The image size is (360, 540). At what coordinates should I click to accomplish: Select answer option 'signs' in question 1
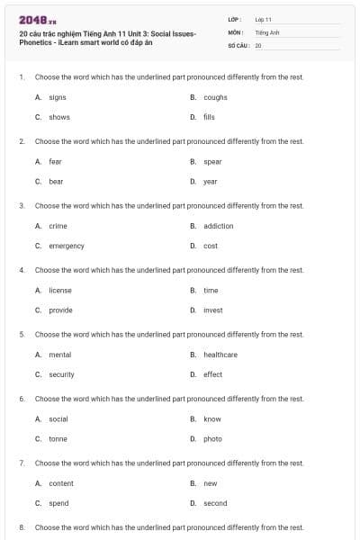[x=58, y=97]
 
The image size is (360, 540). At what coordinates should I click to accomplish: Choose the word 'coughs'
[x=215, y=97]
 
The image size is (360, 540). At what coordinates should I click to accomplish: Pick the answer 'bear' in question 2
[x=56, y=181]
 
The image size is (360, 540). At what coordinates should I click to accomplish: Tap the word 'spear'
[x=212, y=162]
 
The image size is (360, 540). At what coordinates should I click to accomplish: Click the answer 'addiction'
[x=218, y=226]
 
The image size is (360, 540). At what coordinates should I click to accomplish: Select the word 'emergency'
[x=67, y=246]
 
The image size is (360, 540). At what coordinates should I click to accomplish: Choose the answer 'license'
[x=60, y=290]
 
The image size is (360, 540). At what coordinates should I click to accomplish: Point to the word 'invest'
[x=213, y=310]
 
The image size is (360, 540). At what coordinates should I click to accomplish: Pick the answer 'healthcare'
[x=220, y=355]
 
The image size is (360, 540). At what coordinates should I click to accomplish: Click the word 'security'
[x=61, y=374]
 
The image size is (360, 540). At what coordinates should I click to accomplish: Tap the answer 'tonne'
[x=58, y=438]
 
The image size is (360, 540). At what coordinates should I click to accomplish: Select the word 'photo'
[x=212, y=438]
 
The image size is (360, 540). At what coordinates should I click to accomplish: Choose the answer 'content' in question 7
[x=61, y=483]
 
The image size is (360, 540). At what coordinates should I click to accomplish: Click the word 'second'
[x=215, y=503]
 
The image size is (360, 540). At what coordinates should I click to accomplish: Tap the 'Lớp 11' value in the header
[x=264, y=19]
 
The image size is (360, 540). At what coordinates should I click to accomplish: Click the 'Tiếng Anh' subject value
[x=267, y=31]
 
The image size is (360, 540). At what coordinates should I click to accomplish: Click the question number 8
[x=21, y=527]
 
